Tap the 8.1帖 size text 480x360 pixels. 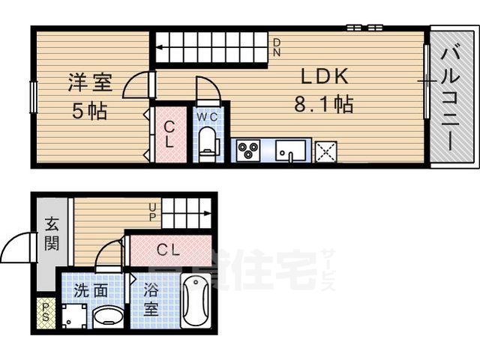click(x=323, y=104)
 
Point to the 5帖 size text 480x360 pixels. click(x=89, y=112)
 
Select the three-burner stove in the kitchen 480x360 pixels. click(x=248, y=151)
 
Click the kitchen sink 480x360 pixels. click(x=291, y=151)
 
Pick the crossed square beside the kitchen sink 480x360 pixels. click(x=326, y=151)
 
